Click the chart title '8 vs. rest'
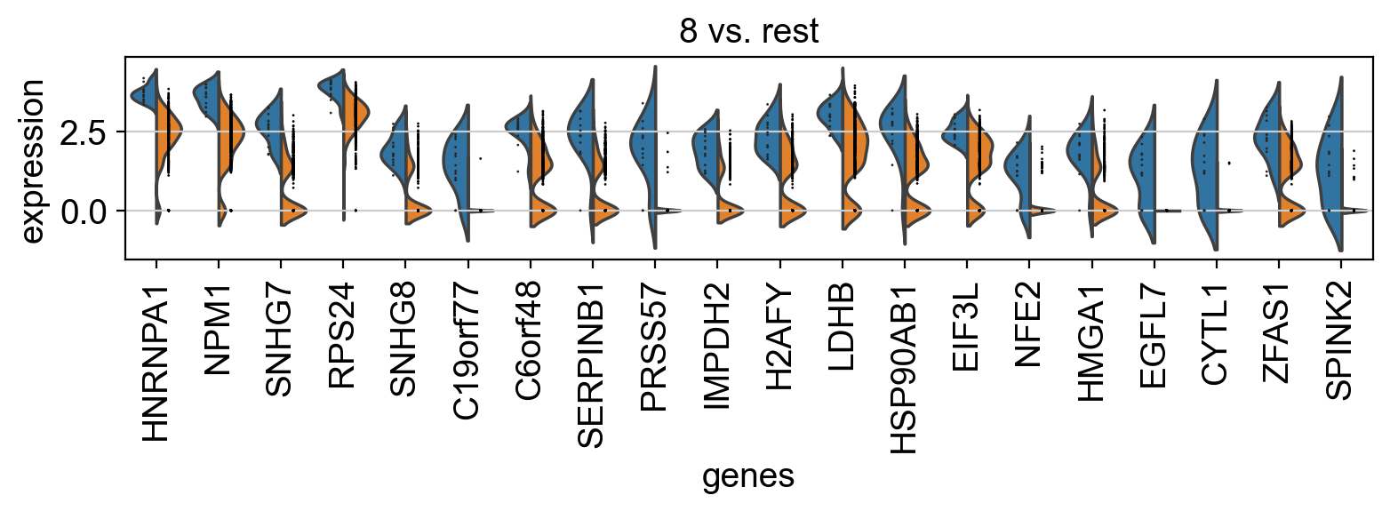pyautogui.click(x=748, y=31)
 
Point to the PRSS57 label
pyautogui.click(x=655, y=342)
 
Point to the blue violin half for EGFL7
pyautogui.click(x=1144, y=169)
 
